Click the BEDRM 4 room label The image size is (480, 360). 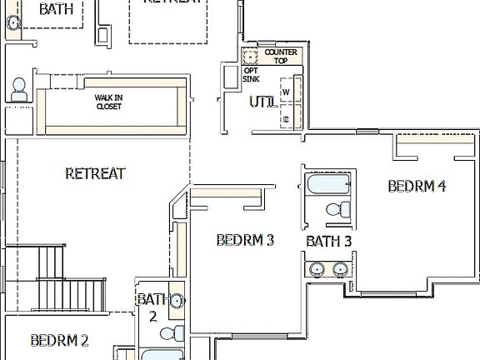pos(417,186)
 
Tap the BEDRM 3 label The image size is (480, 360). pos(245,240)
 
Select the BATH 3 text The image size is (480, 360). pos(329,242)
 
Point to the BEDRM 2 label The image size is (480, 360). pos(59,340)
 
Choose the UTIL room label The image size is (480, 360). pos(263,102)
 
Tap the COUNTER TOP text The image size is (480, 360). pos(280,57)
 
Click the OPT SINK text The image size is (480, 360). pos(251,75)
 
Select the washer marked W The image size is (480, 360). pos(286,92)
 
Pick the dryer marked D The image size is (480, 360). pos(286,118)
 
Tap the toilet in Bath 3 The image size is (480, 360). pos(337,209)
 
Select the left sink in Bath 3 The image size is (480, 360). pos(317,268)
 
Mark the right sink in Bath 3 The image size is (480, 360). pos(340,268)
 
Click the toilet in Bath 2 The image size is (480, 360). pos(170,334)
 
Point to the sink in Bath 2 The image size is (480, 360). pos(175,302)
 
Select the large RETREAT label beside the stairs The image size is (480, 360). pos(95,173)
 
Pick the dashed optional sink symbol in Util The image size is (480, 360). pos(248,57)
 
